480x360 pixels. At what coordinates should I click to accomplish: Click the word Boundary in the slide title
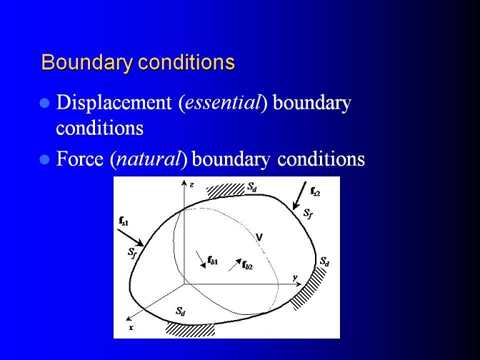point(87,62)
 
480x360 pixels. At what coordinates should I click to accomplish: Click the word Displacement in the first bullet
point(114,103)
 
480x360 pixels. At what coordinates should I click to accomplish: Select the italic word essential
point(223,102)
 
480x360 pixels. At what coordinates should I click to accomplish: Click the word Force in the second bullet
point(80,159)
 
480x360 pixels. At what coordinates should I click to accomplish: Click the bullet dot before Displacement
point(45,104)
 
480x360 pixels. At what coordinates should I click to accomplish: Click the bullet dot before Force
point(45,160)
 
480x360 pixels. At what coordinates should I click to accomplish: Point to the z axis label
point(191,184)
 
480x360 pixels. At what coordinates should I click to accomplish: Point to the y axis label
point(295,277)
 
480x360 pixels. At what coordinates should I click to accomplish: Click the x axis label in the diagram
point(131,328)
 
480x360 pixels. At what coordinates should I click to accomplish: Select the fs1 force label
point(124,221)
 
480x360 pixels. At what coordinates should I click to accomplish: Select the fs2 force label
point(315,191)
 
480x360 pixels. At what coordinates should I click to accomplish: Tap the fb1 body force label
point(212,261)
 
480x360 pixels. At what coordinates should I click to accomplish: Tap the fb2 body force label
point(247,265)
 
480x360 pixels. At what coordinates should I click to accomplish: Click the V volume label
point(259,237)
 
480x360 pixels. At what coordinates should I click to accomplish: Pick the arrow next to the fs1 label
point(131,238)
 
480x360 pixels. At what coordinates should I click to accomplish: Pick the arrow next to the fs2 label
point(299,196)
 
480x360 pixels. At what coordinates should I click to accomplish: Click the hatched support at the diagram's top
point(226,190)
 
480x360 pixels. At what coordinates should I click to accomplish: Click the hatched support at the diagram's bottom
point(191,329)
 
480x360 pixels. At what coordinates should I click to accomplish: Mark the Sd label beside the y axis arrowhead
point(324,261)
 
